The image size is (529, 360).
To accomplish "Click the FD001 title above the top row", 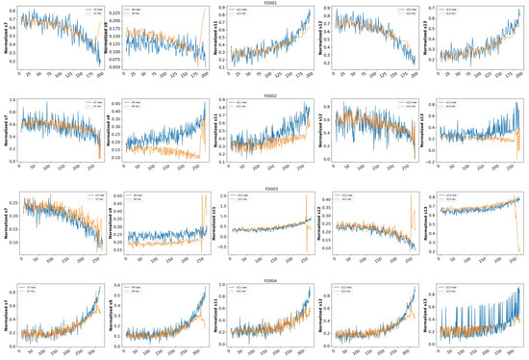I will (264, 3).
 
